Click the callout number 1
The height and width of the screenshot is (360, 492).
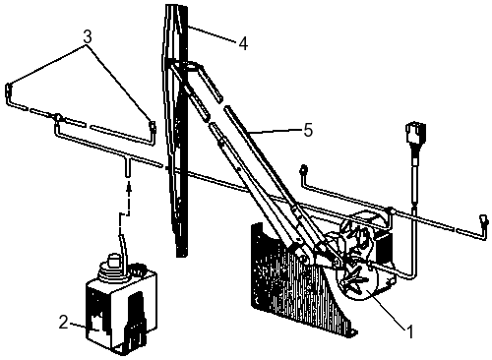409,331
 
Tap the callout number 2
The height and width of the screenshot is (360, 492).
64,322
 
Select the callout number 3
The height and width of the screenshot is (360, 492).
88,37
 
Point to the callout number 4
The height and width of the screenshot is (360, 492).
243,43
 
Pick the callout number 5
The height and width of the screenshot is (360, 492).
308,130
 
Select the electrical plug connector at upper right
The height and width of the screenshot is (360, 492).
415,133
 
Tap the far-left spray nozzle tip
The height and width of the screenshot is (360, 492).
9,90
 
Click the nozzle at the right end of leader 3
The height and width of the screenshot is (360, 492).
153,127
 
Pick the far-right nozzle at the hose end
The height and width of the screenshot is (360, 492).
484,219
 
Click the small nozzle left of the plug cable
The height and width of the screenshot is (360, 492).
303,169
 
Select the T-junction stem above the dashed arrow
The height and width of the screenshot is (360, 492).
128,167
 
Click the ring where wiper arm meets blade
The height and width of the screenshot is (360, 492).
190,66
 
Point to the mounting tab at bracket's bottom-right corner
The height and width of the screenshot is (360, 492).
351,332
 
